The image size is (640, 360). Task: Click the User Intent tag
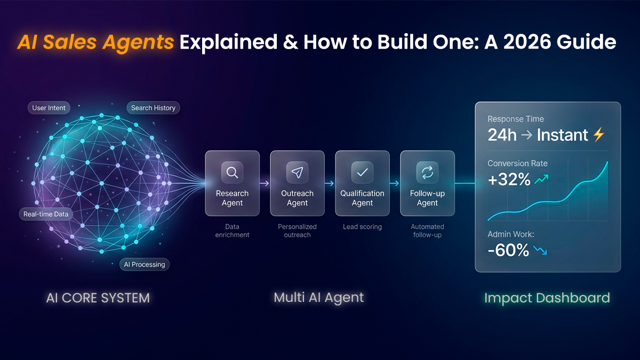[x=49, y=108]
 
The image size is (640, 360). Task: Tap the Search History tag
[x=153, y=108]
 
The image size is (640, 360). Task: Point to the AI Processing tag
[x=145, y=264]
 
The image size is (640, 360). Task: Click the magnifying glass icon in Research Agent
[x=232, y=172]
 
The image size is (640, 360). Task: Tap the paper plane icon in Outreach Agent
[x=297, y=172]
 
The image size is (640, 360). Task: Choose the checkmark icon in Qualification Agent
[x=362, y=172]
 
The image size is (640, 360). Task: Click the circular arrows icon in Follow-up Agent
[x=427, y=172]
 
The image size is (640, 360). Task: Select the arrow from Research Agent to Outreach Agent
[x=265, y=183]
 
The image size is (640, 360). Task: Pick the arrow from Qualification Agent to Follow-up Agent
[x=395, y=183]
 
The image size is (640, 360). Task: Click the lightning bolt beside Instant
[x=598, y=135]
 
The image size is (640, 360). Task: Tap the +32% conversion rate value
[x=509, y=180]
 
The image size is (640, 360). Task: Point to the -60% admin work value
[x=508, y=250]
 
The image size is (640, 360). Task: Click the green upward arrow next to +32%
[x=541, y=180]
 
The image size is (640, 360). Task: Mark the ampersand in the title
[x=291, y=42]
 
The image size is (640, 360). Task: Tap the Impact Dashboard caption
[x=547, y=298]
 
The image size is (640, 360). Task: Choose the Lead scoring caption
[x=362, y=227]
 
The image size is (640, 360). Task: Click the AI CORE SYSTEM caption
[x=98, y=298]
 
